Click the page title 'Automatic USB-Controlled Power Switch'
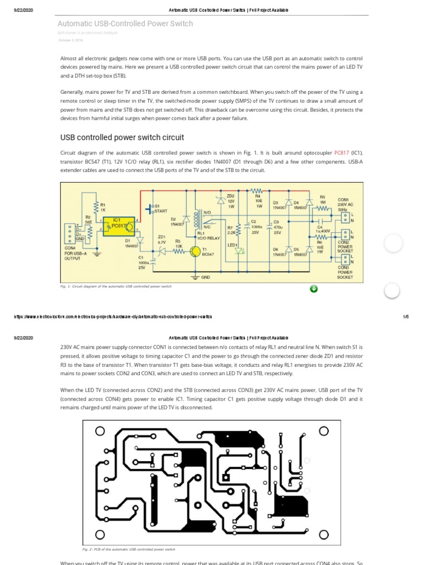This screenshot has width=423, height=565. click(x=126, y=24)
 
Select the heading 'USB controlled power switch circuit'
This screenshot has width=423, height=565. click(x=122, y=137)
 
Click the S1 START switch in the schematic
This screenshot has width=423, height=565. click(x=150, y=209)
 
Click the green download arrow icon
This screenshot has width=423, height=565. click(x=313, y=289)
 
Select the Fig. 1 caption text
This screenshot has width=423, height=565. click(x=116, y=287)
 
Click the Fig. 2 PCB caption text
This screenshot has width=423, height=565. click(x=128, y=550)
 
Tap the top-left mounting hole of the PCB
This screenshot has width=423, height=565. click(x=100, y=431)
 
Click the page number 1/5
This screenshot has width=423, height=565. click(x=406, y=317)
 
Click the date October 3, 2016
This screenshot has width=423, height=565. click(x=70, y=40)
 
